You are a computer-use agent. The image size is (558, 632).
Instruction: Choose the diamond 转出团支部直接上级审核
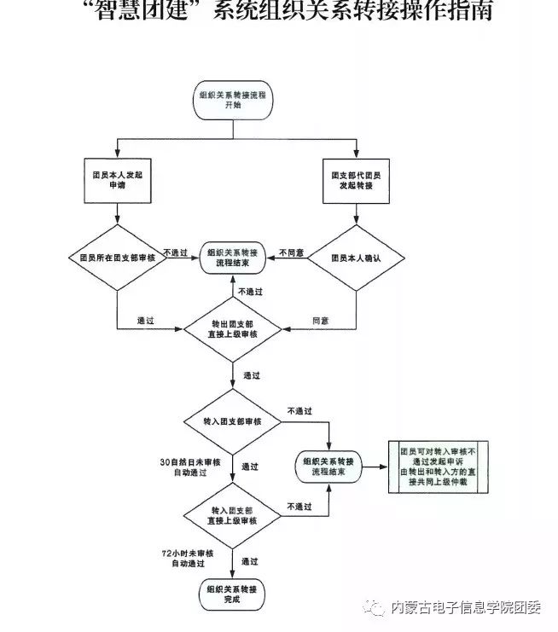[x=233, y=330]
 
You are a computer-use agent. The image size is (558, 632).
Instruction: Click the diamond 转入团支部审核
[x=233, y=422]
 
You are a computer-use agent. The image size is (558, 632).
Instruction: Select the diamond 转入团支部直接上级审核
[x=233, y=515]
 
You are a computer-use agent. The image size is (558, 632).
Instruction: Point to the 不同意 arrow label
[x=292, y=252]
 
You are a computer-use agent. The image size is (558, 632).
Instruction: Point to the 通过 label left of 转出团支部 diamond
[x=145, y=321]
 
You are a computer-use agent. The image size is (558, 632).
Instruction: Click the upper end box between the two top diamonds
[x=233, y=258]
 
